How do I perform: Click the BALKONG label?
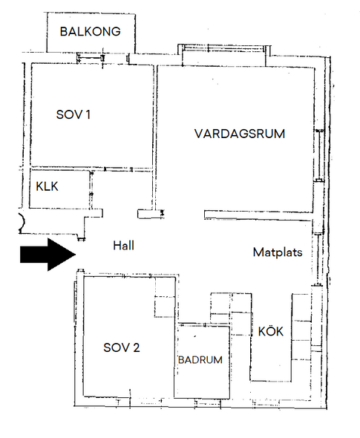(x=91, y=31)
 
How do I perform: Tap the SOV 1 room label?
(x=73, y=114)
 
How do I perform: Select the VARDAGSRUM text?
(x=240, y=134)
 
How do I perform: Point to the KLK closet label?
(x=47, y=186)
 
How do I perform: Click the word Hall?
(x=123, y=246)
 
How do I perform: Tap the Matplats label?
(x=278, y=252)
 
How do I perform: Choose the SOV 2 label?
(x=122, y=347)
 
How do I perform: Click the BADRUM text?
(x=200, y=360)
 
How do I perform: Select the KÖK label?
(x=271, y=331)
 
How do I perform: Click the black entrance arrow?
(x=48, y=255)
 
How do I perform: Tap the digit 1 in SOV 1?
(x=88, y=114)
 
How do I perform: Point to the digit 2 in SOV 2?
(x=137, y=347)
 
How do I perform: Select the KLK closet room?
(x=59, y=189)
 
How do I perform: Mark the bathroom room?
(x=202, y=362)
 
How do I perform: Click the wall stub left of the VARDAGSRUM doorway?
(x=151, y=214)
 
